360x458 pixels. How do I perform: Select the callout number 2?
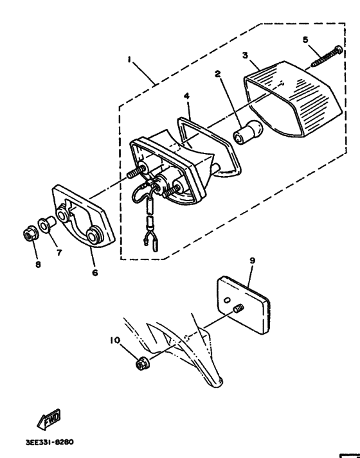coord(219,75)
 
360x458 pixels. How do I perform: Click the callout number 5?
coord(306,40)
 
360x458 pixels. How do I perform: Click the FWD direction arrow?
coord(49,419)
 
